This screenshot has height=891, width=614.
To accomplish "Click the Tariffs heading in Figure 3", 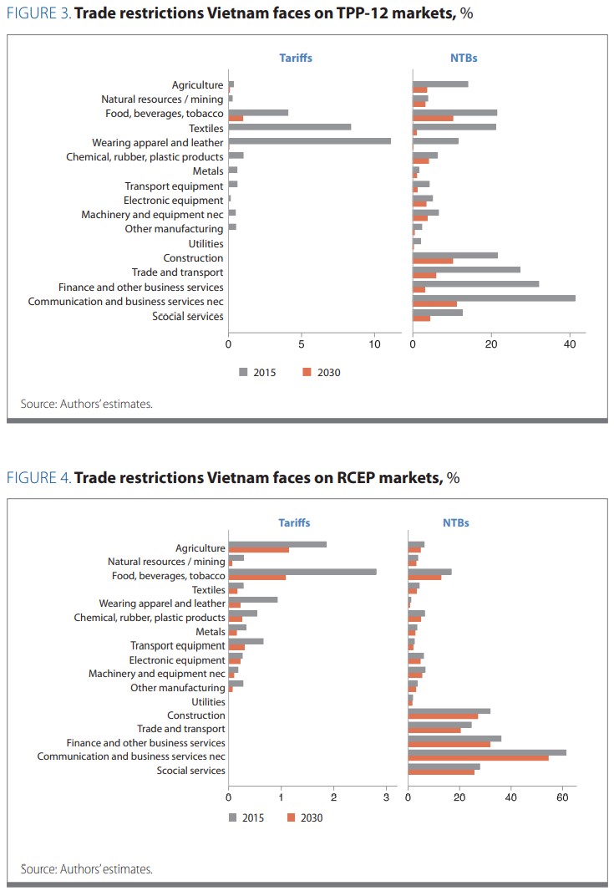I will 296,58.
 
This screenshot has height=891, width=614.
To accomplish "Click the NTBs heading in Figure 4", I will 456,522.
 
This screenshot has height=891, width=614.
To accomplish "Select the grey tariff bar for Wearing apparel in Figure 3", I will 309,140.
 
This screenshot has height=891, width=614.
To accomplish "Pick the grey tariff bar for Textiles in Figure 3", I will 289,127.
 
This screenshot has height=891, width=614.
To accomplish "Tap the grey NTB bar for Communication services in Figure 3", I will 494,298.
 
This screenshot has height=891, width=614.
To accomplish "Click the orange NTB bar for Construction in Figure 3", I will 433,261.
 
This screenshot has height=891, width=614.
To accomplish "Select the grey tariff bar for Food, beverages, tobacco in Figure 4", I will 302,572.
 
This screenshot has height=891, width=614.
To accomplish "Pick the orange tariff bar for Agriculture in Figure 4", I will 258,550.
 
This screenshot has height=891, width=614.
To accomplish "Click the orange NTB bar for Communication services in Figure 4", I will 478,757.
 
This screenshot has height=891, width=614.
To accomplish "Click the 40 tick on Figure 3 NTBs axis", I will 571,343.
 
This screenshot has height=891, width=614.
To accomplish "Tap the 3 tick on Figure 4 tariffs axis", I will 386,797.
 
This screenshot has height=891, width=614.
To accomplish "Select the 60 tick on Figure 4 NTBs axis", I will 562,797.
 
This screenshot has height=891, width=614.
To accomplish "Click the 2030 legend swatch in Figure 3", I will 307,372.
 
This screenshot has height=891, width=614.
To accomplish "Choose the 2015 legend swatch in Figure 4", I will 233,817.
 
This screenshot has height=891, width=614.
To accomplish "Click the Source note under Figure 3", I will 86,404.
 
